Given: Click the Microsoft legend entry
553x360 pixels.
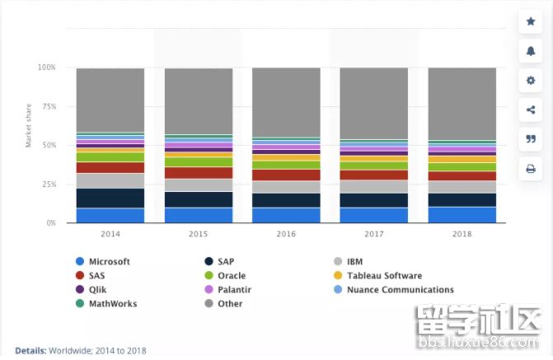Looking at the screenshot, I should [103, 262].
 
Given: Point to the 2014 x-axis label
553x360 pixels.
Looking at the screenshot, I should [110, 235].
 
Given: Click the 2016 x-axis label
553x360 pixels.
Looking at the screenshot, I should [286, 235].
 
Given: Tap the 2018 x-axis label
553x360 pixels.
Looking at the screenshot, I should [462, 235].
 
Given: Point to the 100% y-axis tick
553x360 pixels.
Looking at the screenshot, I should [46, 68].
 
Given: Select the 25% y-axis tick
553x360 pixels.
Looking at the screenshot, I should [48, 185].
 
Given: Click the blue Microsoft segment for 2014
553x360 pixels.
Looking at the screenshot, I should [110, 215].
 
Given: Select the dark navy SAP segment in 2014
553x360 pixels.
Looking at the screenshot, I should [110, 198].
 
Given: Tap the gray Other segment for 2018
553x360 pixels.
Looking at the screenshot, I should [462, 103].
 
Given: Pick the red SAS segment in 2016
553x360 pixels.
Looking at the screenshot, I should [286, 175].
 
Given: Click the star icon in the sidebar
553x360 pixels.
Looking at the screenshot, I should [530, 21].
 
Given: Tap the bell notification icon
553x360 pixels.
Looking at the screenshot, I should [530, 51].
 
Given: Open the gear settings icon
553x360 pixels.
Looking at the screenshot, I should [530, 81].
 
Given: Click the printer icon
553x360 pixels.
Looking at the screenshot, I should [530, 169].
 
